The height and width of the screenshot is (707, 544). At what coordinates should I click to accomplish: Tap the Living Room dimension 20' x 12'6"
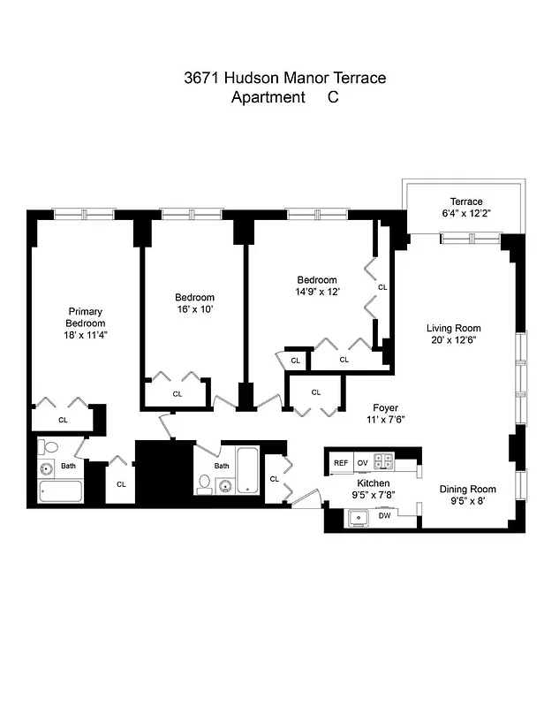tap(454, 340)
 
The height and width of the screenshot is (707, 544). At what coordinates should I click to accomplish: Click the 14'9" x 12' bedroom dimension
tap(317, 291)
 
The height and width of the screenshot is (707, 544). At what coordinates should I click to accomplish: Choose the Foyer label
tap(384, 408)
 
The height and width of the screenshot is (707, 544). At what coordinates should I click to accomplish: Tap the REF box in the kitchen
tap(340, 462)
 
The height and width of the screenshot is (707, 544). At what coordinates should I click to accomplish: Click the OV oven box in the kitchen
tap(362, 462)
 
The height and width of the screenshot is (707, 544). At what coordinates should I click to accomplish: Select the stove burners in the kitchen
tap(383, 461)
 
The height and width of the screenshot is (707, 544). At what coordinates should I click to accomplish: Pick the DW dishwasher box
tap(384, 515)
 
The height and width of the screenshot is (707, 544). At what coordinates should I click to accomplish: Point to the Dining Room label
tap(467, 489)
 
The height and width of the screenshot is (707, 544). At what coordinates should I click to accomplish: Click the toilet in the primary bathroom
tap(49, 447)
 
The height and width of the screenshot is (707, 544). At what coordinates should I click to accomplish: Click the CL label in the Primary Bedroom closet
tap(63, 420)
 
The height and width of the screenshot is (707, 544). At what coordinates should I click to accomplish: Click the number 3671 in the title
tap(202, 78)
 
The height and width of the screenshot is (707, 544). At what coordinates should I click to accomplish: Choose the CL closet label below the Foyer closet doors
tap(315, 392)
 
